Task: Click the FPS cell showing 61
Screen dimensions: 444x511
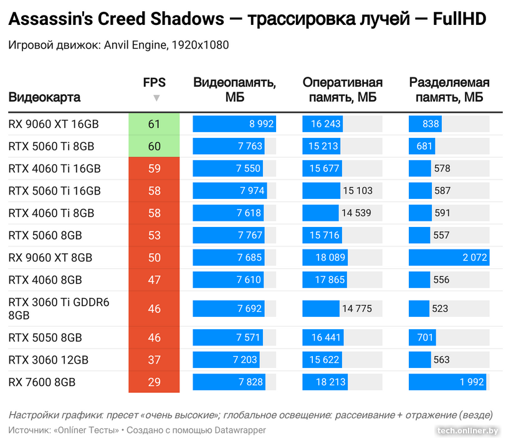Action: point(154,124)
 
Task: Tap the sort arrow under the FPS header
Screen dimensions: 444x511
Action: point(156,98)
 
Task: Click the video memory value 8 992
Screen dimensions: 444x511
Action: point(261,124)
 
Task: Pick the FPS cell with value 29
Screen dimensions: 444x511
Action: point(154,382)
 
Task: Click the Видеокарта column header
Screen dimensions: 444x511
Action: point(44,98)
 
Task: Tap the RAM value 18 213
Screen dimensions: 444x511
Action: point(327,382)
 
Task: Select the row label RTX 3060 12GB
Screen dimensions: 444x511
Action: point(48,360)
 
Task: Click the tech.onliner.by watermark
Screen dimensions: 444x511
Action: point(469,430)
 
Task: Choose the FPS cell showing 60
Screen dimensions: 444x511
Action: point(154,147)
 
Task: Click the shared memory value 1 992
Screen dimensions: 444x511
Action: point(472,382)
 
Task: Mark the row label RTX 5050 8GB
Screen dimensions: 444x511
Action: point(45,337)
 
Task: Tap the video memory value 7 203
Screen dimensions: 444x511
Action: point(244,360)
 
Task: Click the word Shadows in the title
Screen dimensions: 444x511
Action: point(188,19)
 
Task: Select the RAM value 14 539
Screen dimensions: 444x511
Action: point(356,213)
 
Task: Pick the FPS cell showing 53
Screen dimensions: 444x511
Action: point(154,236)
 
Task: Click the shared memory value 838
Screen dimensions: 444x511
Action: point(431,124)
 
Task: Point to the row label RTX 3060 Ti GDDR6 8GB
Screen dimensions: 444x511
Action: point(59,309)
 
